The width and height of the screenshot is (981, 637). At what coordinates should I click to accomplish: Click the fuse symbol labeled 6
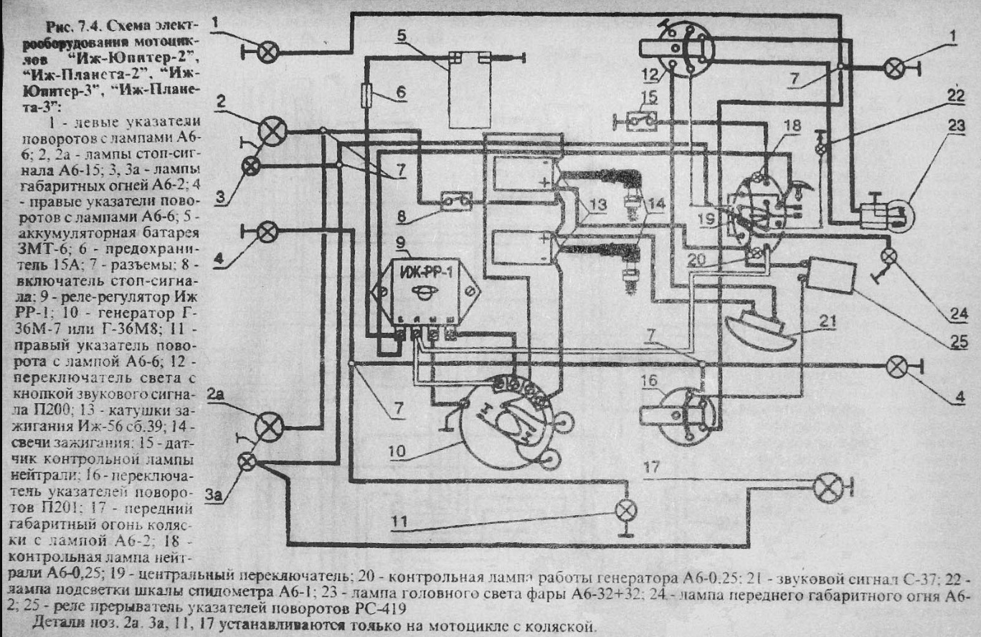pos(368,93)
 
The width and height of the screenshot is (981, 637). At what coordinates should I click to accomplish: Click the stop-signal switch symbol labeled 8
pos(455,201)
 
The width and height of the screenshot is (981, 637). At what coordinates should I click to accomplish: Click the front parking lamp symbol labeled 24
pos(888,256)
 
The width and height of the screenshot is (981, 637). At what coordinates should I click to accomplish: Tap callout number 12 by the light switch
pos(649,74)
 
